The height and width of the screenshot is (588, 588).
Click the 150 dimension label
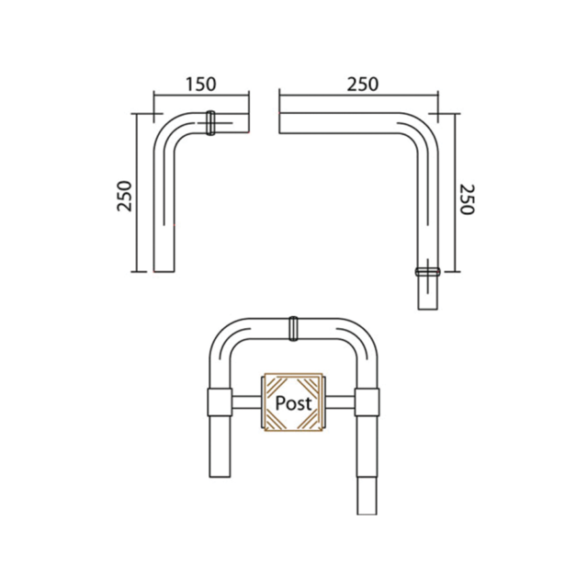point(199,84)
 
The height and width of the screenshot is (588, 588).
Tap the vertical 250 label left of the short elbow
point(126,194)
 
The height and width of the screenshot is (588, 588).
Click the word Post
point(293,402)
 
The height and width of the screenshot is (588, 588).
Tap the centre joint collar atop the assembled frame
point(293,328)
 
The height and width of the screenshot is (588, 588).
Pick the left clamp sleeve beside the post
point(220,402)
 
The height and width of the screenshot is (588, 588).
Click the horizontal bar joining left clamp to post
point(247,402)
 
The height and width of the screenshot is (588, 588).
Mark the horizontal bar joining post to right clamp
point(339,402)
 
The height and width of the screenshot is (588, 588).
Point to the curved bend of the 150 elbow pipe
point(168,131)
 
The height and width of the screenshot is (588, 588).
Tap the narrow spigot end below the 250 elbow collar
point(427,294)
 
